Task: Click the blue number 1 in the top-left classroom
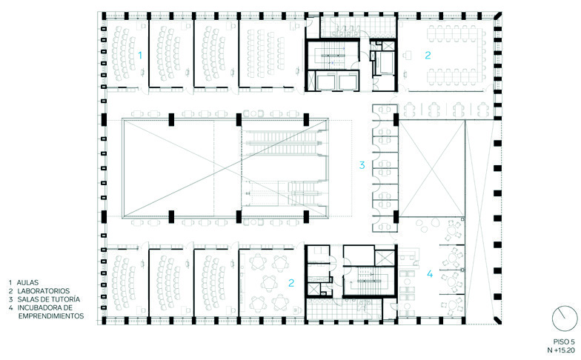[140, 56]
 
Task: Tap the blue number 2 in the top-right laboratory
[428, 55]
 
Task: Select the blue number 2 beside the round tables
[291, 283]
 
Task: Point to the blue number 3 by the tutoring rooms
[362, 164]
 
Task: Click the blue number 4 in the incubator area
[430, 274]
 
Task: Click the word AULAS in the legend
[28, 283]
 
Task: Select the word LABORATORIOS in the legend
[43, 291]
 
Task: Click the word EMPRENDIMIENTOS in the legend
[51, 316]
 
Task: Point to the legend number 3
[10, 299]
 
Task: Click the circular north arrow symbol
[565, 319]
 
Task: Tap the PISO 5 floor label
[564, 342]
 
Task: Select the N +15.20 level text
[561, 350]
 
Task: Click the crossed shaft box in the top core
[389, 46]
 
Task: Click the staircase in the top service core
[332, 55]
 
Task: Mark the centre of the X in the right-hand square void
[431, 169]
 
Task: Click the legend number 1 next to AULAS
[10, 283]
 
